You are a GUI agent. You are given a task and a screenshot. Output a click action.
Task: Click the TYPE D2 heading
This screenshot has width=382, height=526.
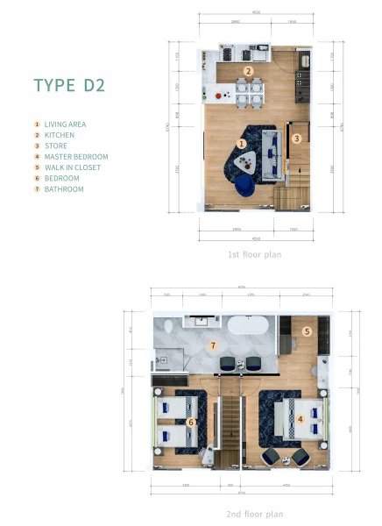pos(70,86)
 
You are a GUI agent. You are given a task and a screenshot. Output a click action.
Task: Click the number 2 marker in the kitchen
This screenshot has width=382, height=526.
pos(249,71)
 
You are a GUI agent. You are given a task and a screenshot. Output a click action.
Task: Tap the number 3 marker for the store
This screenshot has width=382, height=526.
pos(297,138)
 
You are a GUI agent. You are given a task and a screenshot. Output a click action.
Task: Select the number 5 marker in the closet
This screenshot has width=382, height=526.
pos(307,331)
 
